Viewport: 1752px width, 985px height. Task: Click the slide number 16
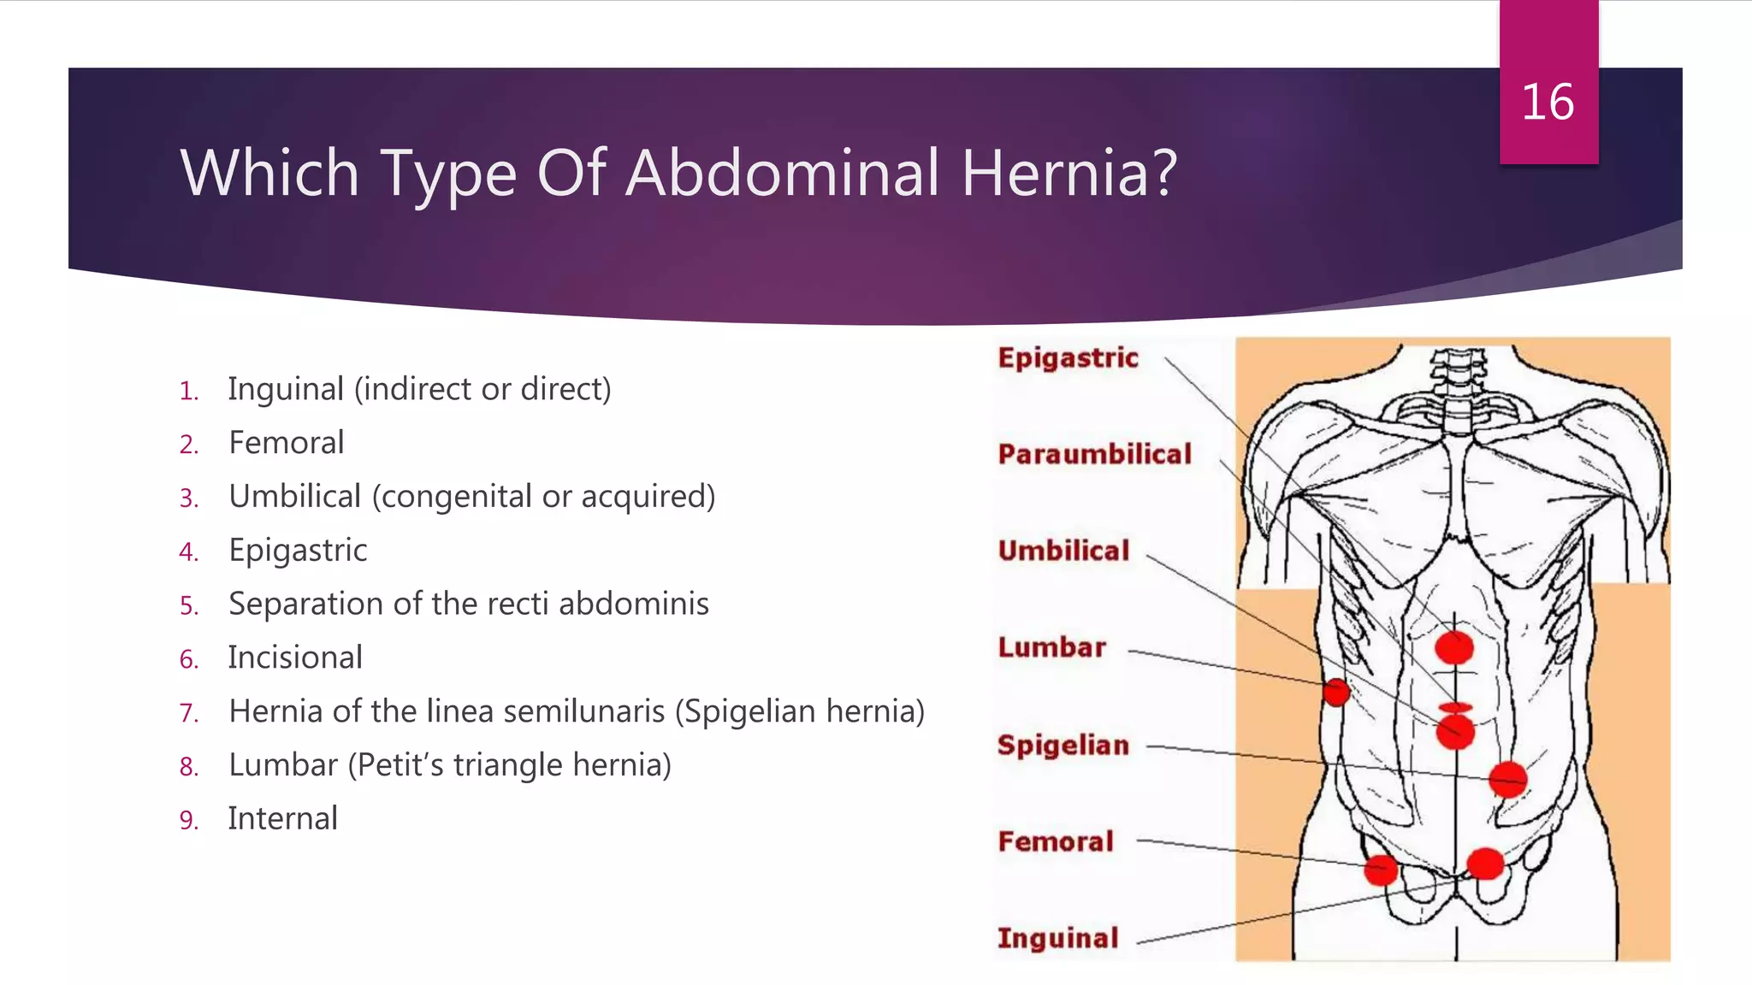point(1548,103)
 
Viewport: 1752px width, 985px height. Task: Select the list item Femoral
point(287,443)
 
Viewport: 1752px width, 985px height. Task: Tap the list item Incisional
point(295,658)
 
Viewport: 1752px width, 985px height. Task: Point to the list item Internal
point(282,818)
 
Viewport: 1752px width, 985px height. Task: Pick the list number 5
point(189,606)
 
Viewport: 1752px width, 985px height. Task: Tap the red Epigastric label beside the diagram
point(1068,357)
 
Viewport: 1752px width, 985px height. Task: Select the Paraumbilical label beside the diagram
point(1094,454)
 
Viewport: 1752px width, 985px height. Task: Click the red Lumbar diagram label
point(1051,647)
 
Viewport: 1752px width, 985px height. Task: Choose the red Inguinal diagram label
point(1057,938)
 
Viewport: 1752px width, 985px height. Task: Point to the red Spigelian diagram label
point(1062,745)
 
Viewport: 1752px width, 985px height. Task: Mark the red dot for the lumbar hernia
point(1335,691)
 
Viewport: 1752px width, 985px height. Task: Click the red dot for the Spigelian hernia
point(1507,779)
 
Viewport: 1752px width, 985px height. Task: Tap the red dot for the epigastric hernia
point(1454,648)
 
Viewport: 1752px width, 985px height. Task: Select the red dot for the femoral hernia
point(1381,870)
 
